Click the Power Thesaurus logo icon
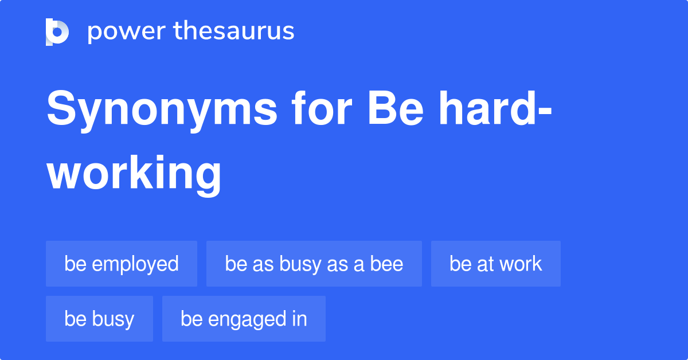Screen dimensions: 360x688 coord(57,32)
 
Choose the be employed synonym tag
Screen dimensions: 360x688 coord(122,264)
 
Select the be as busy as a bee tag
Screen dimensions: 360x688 coord(314,264)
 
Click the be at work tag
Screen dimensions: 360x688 coord(496,264)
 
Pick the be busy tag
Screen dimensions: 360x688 coord(99,319)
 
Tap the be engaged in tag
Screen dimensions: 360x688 coord(244,319)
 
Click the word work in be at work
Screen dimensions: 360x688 coord(519,264)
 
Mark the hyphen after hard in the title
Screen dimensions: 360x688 coord(545,112)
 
